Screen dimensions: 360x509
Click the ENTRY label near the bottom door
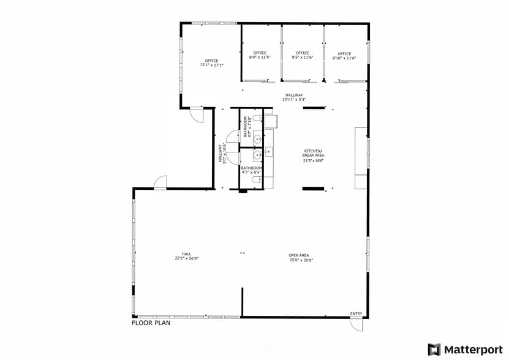click(x=356, y=314)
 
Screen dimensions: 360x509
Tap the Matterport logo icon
click(x=434, y=350)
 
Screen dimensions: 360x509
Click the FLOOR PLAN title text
click(x=151, y=323)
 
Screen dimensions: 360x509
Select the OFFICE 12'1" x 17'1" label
click(x=211, y=62)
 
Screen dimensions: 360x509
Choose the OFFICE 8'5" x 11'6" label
click(x=302, y=55)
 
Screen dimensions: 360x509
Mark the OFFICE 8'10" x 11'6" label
click(x=344, y=55)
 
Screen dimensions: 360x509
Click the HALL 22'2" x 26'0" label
click(x=186, y=256)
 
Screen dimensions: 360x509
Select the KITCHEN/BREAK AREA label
click(x=313, y=156)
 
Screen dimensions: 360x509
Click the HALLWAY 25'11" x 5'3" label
click(x=294, y=97)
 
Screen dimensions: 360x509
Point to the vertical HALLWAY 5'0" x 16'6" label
click(x=222, y=154)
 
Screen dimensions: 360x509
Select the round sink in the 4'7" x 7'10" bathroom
click(x=257, y=138)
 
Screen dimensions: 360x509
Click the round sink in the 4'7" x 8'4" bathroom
click(x=257, y=156)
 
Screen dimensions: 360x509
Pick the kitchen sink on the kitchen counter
click(x=268, y=151)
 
